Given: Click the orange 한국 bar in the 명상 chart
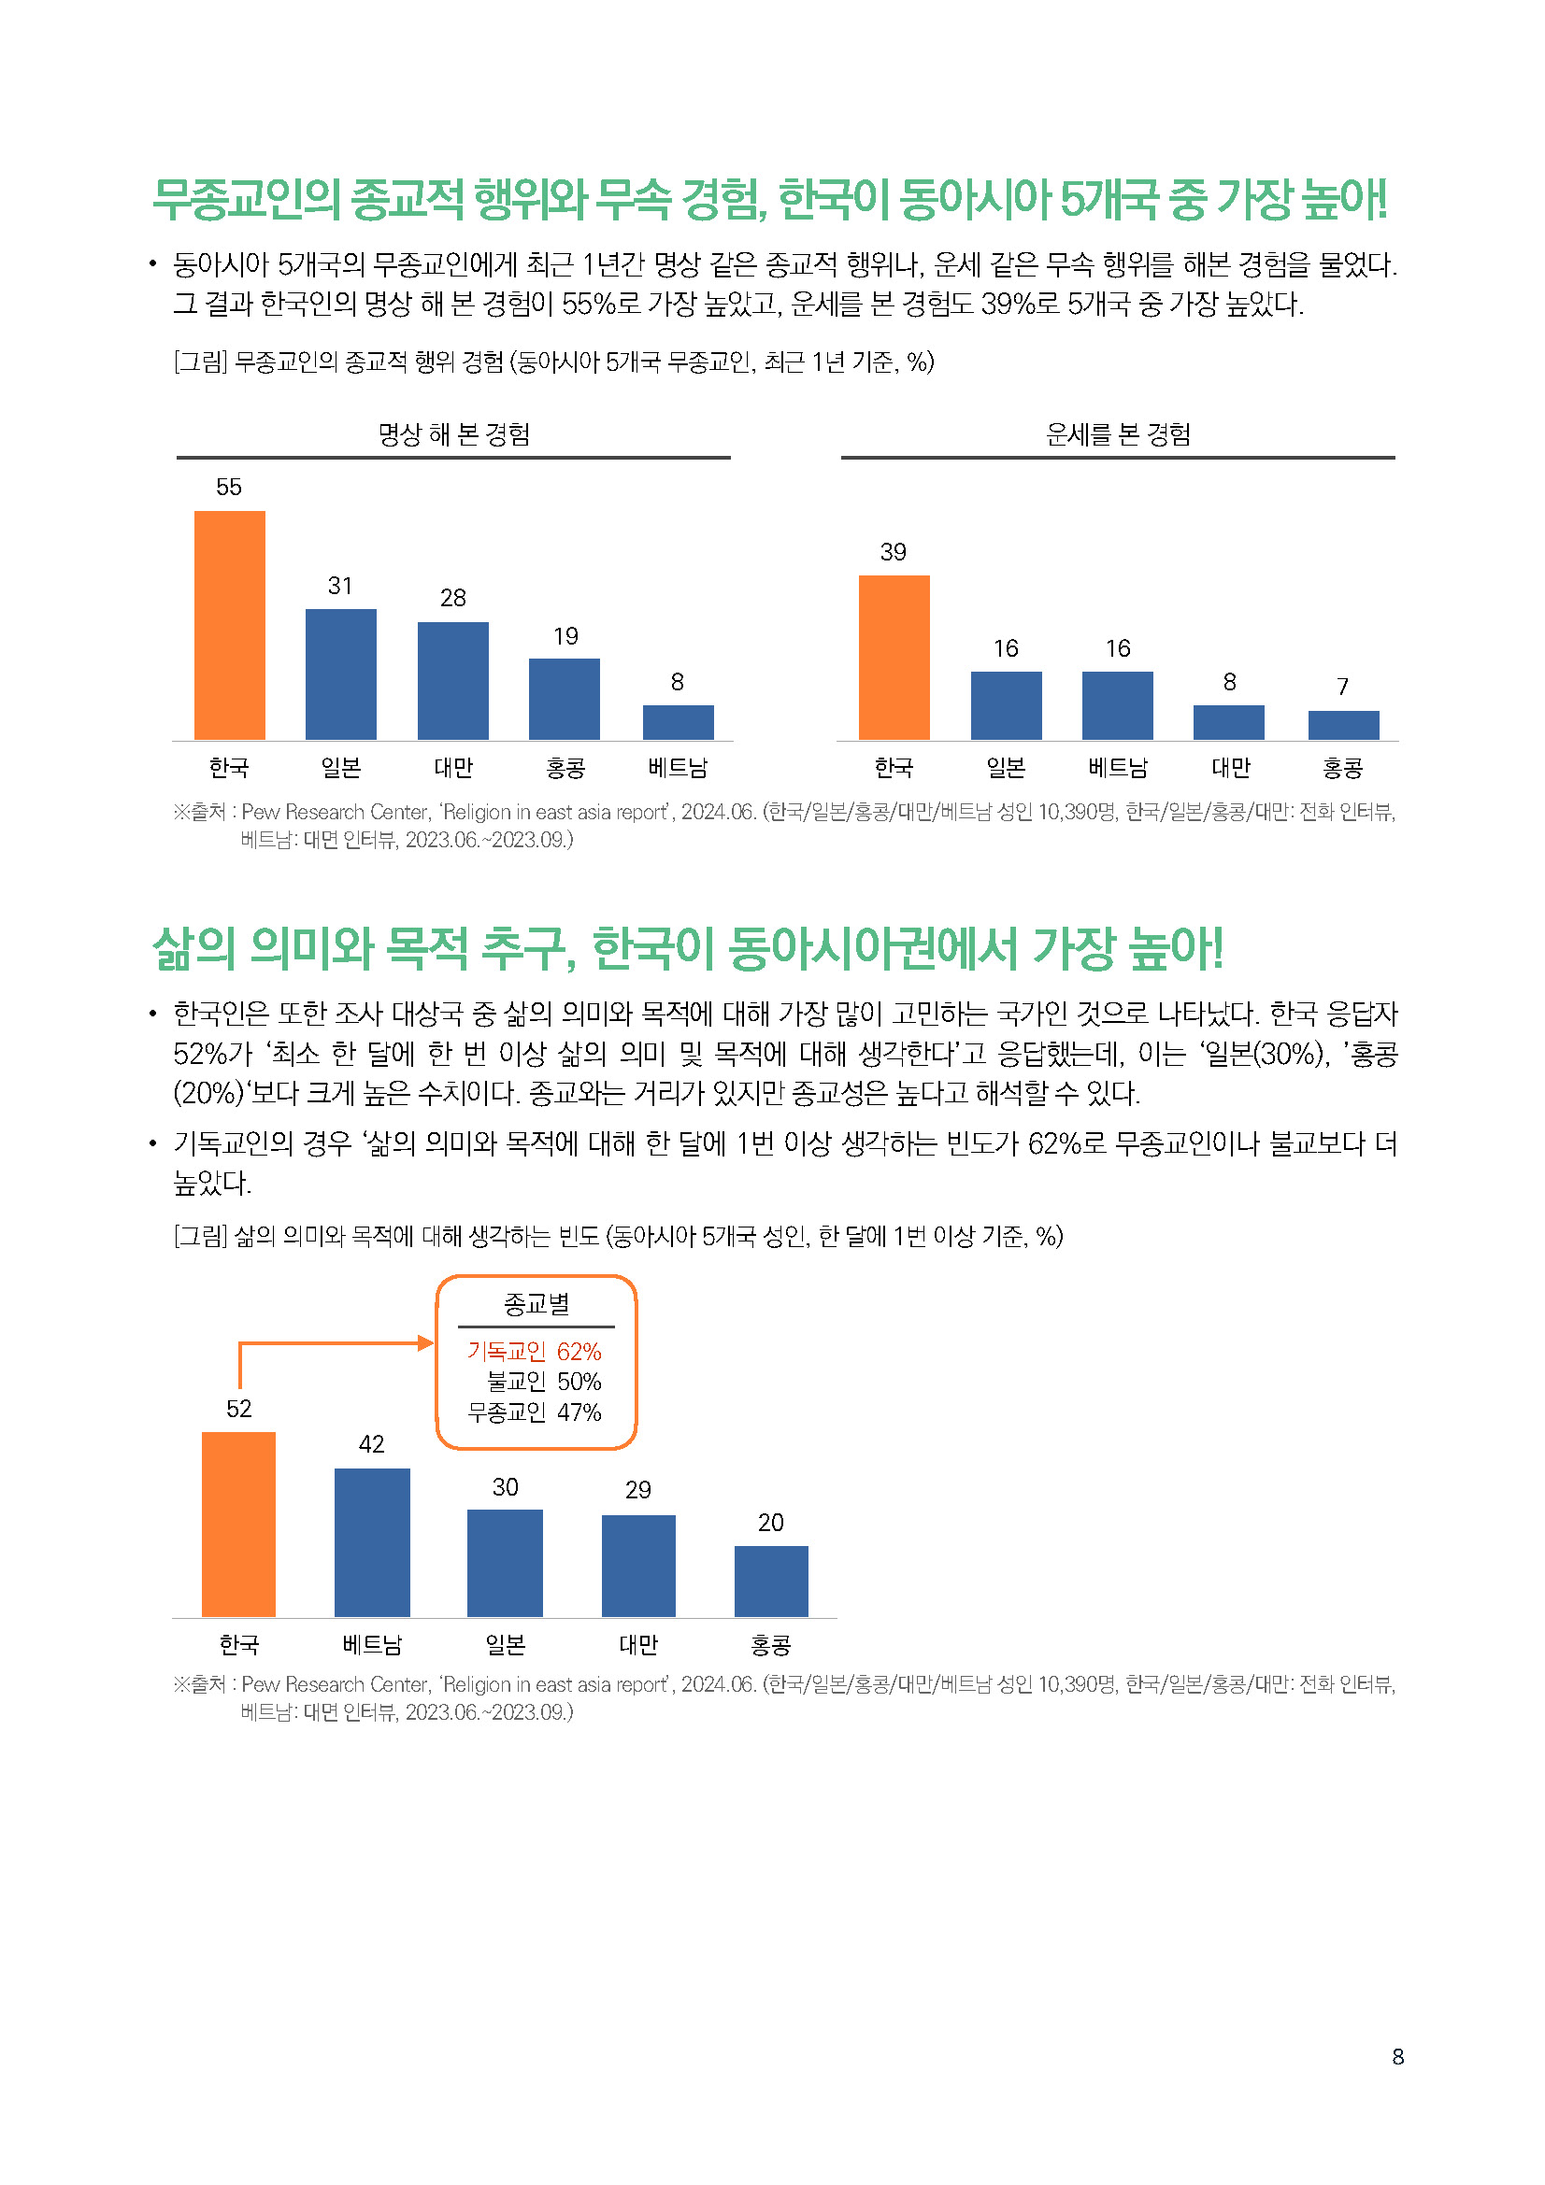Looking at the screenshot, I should coord(229,624).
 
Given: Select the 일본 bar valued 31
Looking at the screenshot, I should coord(341,674).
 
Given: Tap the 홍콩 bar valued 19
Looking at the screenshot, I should coord(565,699).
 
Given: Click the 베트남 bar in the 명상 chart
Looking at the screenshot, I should coord(678,721).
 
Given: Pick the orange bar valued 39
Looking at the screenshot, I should coord(894,657).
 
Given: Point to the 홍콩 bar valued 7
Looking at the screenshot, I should coord(1343,724).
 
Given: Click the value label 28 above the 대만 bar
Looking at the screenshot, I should coord(453,598).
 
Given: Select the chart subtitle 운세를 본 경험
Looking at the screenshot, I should coord(1118,435).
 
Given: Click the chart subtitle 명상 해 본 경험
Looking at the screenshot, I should coord(454,435).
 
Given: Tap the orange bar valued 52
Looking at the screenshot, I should coord(239,1524).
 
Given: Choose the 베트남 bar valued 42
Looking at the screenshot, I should coord(372,1541).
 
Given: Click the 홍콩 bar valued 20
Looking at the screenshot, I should coord(771,1581).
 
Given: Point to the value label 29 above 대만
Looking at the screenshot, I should coord(637,1489).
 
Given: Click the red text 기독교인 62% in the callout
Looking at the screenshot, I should coord(534,1352).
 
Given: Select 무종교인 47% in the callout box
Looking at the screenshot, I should coord(534,1412).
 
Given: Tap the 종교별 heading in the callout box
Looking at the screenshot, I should coord(536,1304).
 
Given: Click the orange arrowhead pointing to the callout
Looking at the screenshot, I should coord(426,1342).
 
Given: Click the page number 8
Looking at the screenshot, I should coord(1397,2056).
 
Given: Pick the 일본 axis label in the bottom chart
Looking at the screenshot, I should coord(506,1644).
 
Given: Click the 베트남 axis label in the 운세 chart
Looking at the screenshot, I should coord(1118,767).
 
